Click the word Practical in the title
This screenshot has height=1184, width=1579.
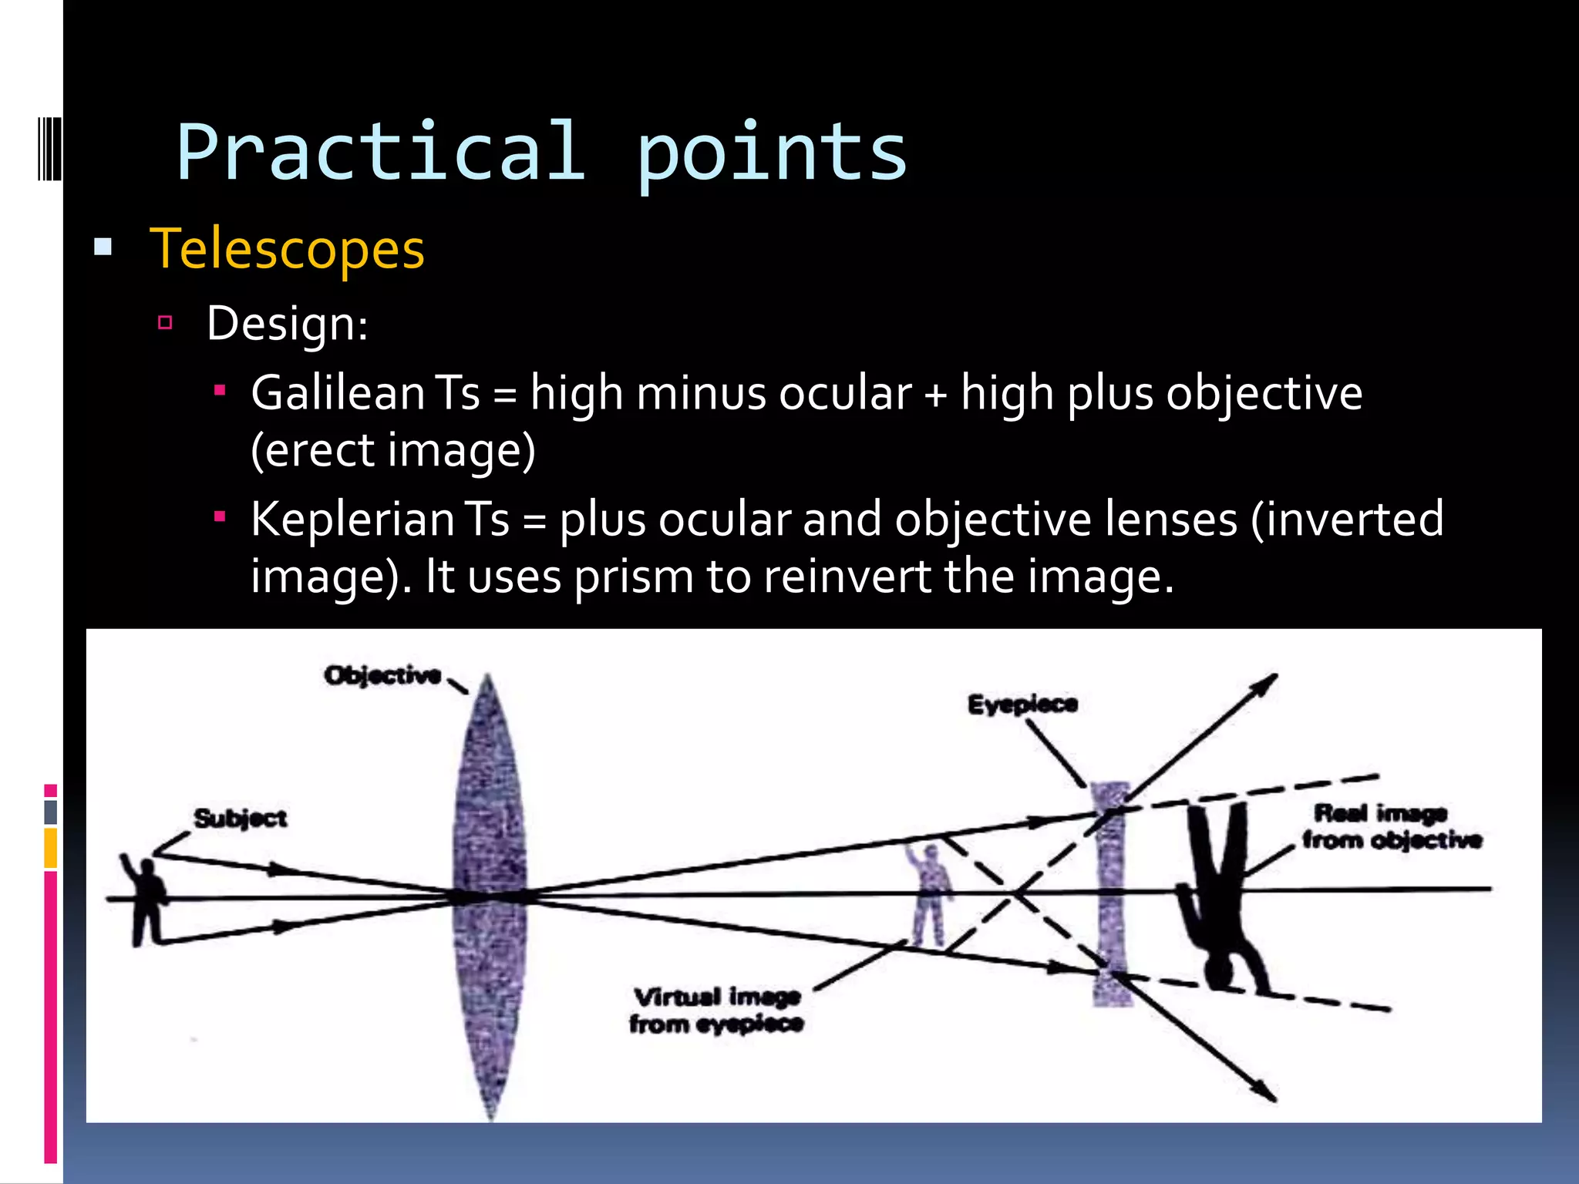pos(380,153)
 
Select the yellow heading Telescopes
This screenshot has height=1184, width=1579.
pos(287,249)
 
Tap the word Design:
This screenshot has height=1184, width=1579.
pos(287,324)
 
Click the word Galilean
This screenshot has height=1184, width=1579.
pos(337,393)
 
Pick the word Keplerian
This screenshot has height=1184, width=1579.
pos(352,519)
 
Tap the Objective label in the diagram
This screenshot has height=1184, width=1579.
pos(382,676)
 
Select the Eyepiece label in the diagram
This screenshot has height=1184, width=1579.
pos(1022,704)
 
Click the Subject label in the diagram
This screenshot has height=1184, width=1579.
pos(240,818)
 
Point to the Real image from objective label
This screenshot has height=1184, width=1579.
pos(1390,826)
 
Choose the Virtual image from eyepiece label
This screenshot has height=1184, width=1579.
pos(716,1011)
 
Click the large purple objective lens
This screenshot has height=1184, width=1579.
pos(490,894)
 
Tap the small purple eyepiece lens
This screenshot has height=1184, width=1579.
pos(1111,894)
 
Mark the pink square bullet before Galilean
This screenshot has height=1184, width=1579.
pos(220,391)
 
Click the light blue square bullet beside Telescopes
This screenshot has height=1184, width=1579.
pos(103,248)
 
